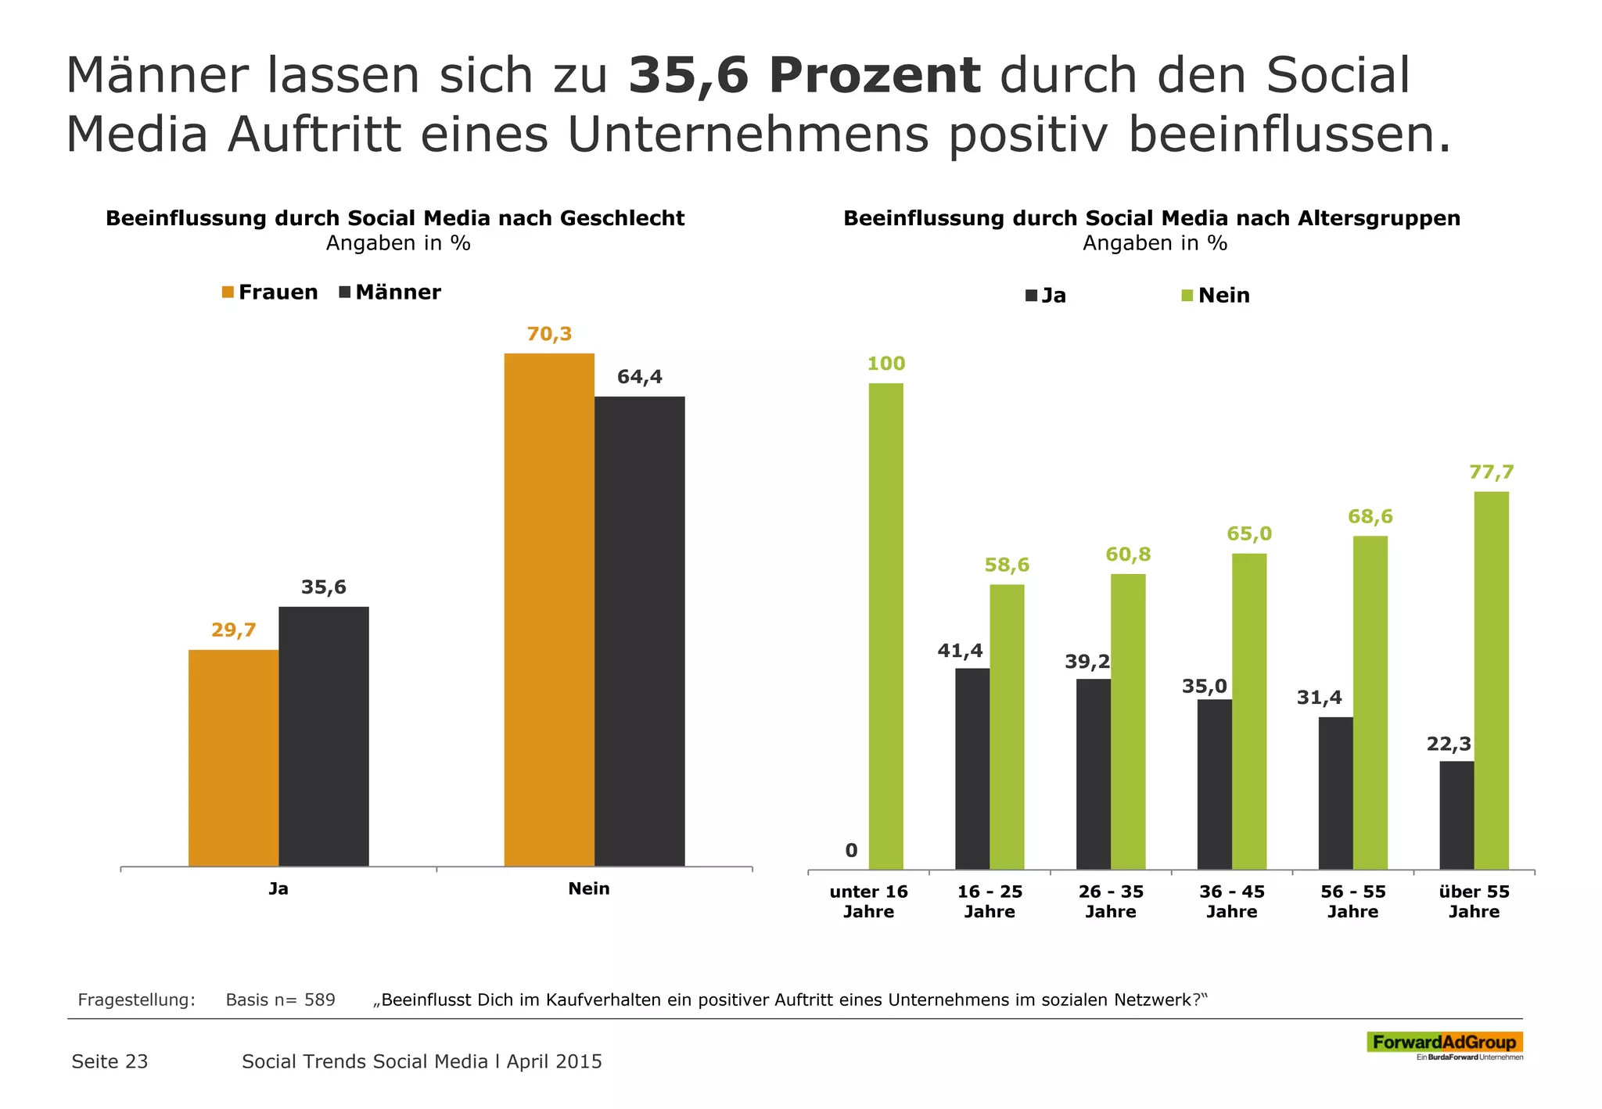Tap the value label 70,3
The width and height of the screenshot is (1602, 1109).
(549, 334)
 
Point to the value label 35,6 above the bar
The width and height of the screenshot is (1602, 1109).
(323, 587)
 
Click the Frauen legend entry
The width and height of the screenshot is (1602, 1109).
(270, 293)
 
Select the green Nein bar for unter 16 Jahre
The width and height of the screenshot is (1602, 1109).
(885, 626)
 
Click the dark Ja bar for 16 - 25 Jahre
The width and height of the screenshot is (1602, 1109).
(972, 768)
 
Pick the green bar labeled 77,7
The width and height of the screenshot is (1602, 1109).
(1491, 680)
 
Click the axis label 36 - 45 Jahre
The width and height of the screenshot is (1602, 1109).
(1231, 901)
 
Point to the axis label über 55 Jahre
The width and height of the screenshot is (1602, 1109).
(1474, 901)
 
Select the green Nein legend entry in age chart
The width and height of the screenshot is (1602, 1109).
(1216, 296)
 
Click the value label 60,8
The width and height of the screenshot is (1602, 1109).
(1128, 554)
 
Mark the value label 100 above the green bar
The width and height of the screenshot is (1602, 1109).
(885, 364)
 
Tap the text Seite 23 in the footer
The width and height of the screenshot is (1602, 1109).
(110, 1061)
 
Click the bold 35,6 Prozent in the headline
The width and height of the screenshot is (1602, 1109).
(804, 76)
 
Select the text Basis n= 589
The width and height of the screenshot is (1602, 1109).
(280, 1000)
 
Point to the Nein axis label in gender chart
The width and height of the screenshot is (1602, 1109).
(588, 888)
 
